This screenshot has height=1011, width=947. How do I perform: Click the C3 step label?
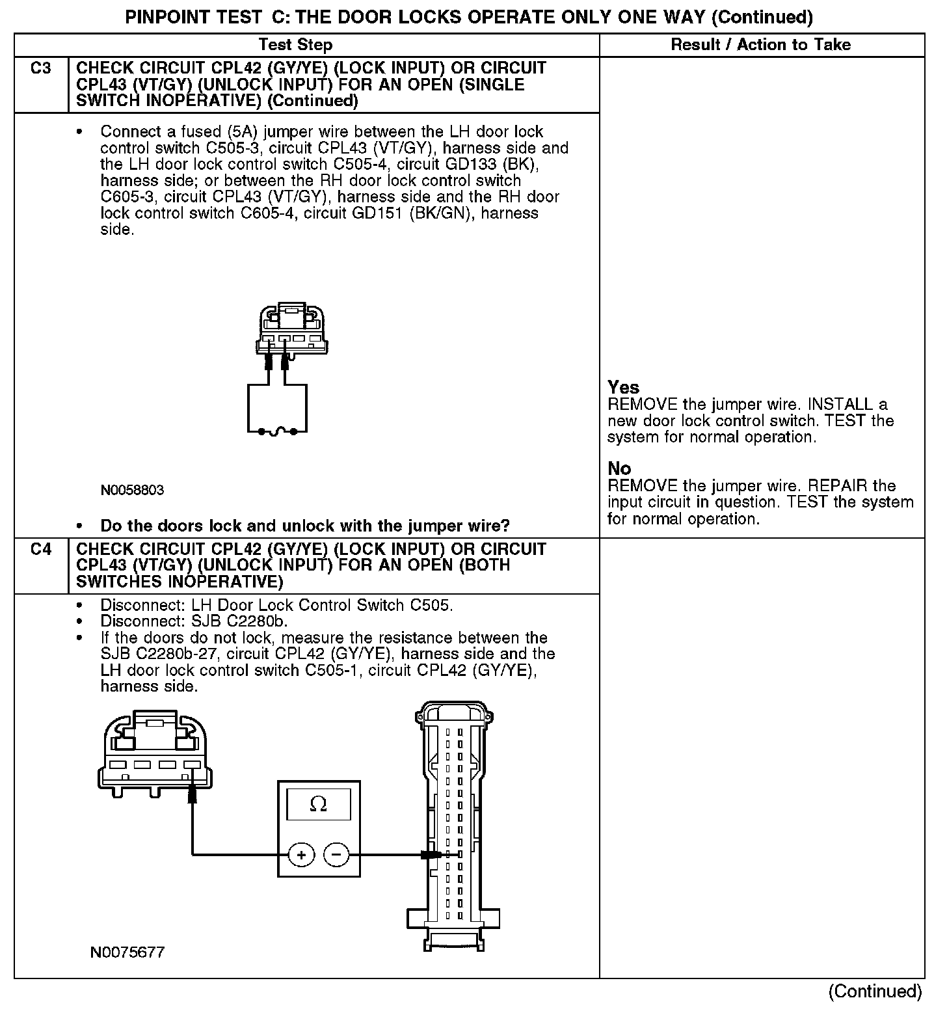pyautogui.click(x=40, y=68)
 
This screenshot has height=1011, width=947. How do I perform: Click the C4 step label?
pyautogui.click(x=40, y=549)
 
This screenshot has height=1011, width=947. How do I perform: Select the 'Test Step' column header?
pyautogui.click(x=295, y=45)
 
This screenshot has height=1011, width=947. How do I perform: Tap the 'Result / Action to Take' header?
pyautogui.click(x=760, y=45)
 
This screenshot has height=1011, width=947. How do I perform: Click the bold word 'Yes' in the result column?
pyautogui.click(x=623, y=388)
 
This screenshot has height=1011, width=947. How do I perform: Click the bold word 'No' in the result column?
pyautogui.click(x=619, y=468)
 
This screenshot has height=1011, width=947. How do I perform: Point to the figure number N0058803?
pyautogui.click(x=132, y=491)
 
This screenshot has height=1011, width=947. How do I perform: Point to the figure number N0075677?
pyautogui.click(x=127, y=953)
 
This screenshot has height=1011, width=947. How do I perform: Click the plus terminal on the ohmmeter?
pyautogui.click(x=301, y=854)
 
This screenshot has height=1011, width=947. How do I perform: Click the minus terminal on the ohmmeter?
pyautogui.click(x=336, y=854)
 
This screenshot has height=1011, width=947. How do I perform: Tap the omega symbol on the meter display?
pyautogui.click(x=318, y=805)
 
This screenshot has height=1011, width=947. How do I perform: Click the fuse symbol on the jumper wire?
pyautogui.click(x=277, y=431)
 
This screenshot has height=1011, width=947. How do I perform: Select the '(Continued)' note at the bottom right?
pyautogui.click(x=875, y=991)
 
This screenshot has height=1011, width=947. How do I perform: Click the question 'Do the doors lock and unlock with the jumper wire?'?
pyautogui.click(x=304, y=526)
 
